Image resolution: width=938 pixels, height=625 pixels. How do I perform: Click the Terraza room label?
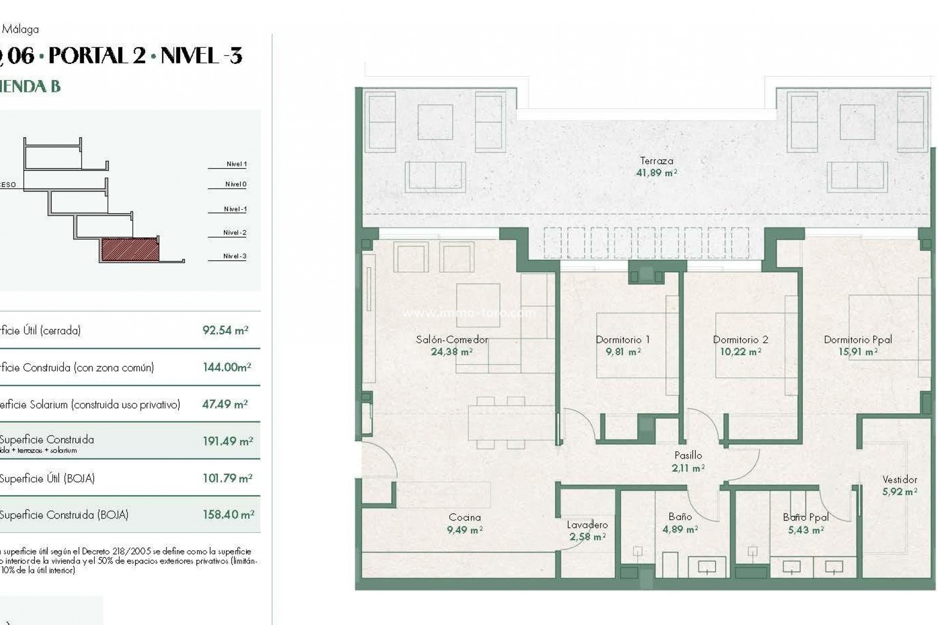[656, 161]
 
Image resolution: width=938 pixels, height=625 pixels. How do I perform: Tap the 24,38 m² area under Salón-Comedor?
[451, 352]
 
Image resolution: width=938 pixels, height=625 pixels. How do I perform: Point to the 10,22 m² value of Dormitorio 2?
[740, 352]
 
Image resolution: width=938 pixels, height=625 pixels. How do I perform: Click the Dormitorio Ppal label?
[857, 339]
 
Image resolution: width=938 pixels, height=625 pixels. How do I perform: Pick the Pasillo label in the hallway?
[688, 455]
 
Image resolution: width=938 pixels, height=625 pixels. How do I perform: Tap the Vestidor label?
[899, 479]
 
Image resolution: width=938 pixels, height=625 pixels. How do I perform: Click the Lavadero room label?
[587, 525]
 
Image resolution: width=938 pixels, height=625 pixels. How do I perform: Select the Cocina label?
[465, 517]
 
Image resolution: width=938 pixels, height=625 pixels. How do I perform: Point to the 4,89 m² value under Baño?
[680, 529]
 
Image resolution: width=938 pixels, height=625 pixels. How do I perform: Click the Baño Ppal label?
[806, 517]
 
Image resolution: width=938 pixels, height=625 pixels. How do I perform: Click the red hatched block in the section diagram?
[130, 250]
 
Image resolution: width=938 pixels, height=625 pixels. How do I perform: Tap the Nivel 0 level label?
[235, 184]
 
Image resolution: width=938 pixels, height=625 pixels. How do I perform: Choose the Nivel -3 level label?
[234, 256]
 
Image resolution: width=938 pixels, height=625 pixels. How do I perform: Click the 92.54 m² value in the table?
[225, 330]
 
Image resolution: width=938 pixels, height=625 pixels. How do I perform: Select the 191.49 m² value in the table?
[228, 441]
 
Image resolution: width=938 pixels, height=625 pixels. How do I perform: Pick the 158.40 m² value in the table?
[228, 515]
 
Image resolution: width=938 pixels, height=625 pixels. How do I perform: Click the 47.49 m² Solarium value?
[225, 404]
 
